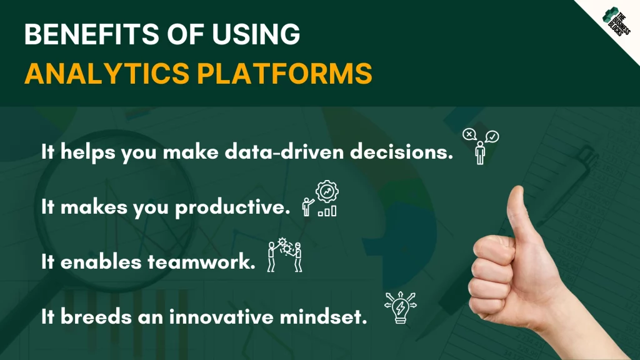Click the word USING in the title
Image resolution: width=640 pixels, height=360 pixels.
tap(256, 34)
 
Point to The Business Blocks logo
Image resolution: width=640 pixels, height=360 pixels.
tap(616, 21)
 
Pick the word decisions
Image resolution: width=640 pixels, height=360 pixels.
tap(402, 152)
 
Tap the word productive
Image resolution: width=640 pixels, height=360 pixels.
tap(232, 207)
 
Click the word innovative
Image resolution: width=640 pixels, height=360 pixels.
tap(221, 317)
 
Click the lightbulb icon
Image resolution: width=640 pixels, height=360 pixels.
tap(401, 307)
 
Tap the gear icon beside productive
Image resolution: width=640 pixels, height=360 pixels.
tap(327, 191)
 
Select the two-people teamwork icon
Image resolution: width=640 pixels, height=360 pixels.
tap(284, 255)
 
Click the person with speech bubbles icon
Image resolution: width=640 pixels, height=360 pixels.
tap(481, 146)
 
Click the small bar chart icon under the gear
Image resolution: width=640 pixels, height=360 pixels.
tap(327, 211)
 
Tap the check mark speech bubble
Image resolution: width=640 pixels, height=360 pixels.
tap(492, 136)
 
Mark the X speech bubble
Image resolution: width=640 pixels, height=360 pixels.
tap(469, 134)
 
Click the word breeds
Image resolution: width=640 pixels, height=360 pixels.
tap(96, 317)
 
